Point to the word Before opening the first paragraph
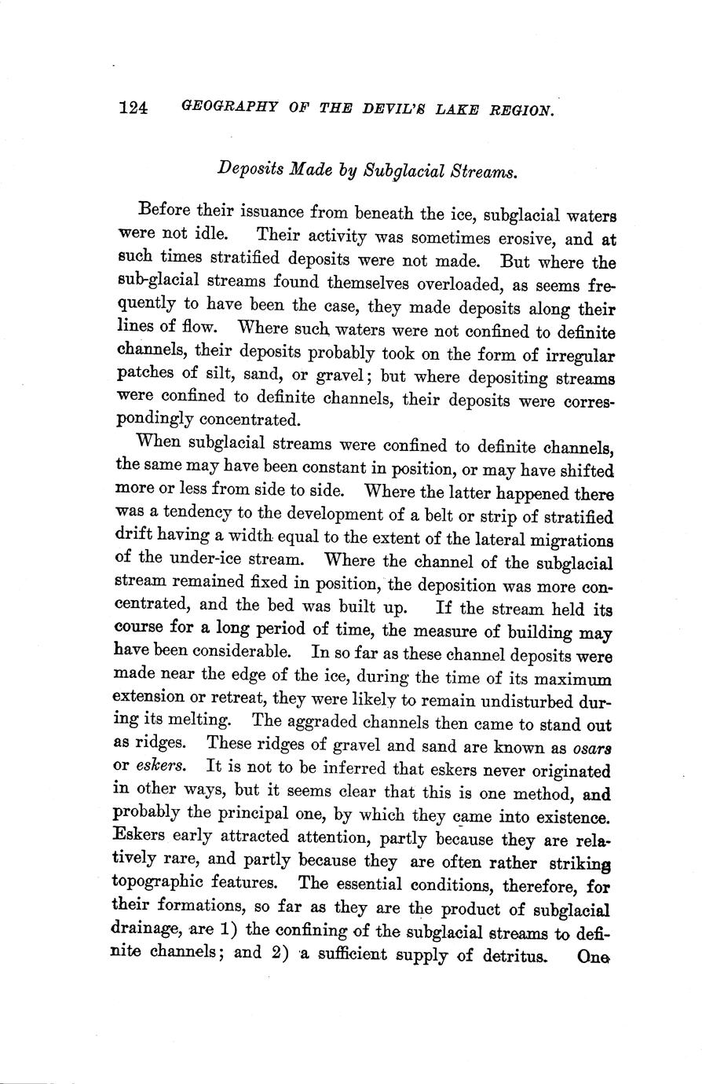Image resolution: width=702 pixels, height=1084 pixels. click(x=164, y=211)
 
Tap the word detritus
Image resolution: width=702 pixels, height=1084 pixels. click(x=513, y=956)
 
